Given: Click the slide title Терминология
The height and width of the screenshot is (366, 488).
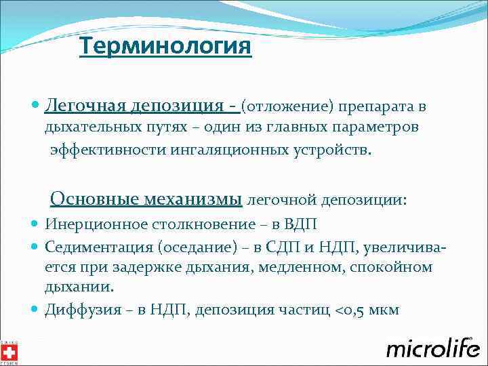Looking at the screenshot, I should pyautogui.click(x=165, y=47).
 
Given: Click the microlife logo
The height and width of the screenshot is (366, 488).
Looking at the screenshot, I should pyautogui.click(x=432, y=347).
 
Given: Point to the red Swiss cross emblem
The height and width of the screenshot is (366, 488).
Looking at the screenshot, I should pyautogui.click(x=9, y=351).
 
